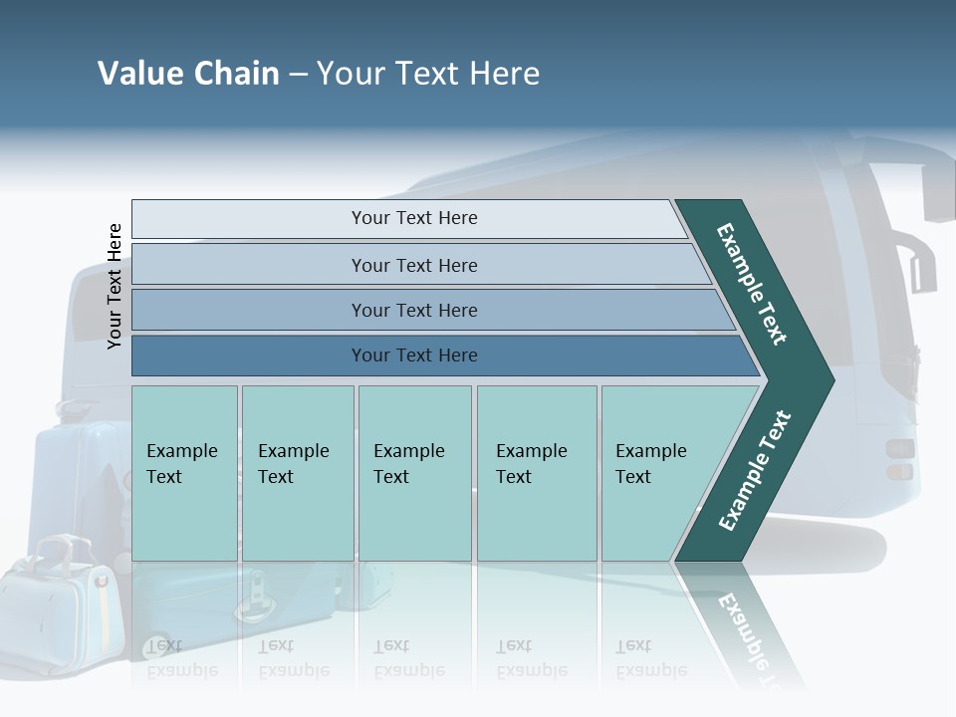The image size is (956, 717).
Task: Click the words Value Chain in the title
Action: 188,74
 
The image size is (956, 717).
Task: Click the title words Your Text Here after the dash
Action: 428,74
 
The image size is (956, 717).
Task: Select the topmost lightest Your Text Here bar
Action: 413,218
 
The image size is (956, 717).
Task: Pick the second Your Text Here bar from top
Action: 413,265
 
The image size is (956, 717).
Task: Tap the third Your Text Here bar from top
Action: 413,310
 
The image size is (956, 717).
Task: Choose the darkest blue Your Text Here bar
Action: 413,356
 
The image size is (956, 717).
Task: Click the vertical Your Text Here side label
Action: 115,286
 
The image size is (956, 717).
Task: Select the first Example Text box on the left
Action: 184,473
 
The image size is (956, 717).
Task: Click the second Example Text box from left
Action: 297,473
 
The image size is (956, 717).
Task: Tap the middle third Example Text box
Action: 413,473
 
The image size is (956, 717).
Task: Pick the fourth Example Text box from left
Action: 536,473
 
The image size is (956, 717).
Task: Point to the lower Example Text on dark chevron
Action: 755,470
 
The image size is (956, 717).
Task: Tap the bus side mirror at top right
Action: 937,189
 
